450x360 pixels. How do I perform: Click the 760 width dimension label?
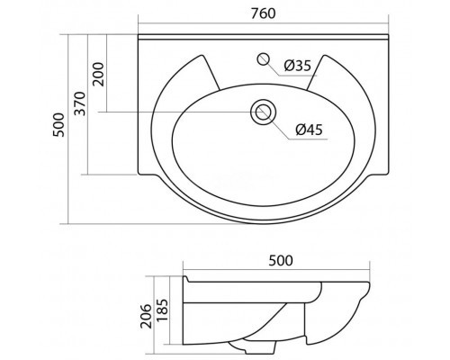coord(263,13)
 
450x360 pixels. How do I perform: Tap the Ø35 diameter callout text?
coord(298,66)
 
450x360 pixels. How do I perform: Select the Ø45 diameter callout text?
coord(309,130)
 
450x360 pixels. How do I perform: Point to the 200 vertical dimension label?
coord(98,75)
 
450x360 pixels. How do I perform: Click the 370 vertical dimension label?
coord(80,103)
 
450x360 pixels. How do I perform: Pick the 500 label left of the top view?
coord(58,125)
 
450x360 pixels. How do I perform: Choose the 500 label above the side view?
coord(281,260)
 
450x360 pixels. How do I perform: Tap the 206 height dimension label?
coord(147,316)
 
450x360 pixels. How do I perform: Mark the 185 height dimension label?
coord(162,310)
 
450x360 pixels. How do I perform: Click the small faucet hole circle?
coord(263,58)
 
